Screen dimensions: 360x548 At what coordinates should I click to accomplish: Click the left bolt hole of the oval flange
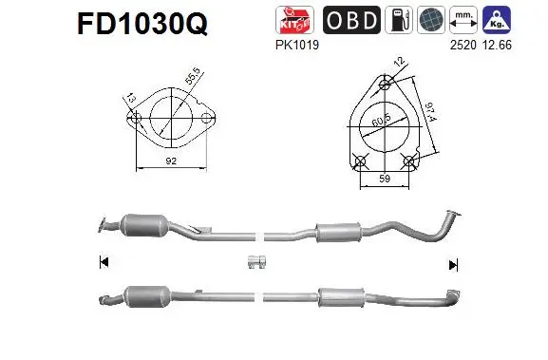coord(136,121)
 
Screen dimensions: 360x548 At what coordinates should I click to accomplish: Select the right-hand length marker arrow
coord(453,264)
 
